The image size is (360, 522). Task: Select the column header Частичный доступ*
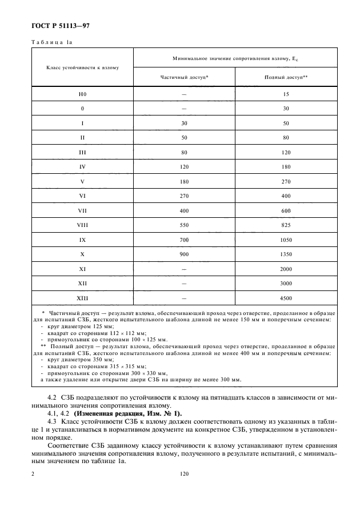[x=184, y=77]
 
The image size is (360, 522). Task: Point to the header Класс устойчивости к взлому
[x=82, y=67]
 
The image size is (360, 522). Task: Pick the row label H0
[x=82, y=94]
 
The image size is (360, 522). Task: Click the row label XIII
[x=82, y=298]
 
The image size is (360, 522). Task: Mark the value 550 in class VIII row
[x=184, y=225]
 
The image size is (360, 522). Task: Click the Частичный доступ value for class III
[x=184, y=152]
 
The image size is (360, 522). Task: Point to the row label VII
[x=82, y=210]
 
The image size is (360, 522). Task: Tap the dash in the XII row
[x=184, y=284]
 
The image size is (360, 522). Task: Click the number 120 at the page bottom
[x=183, y=474]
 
